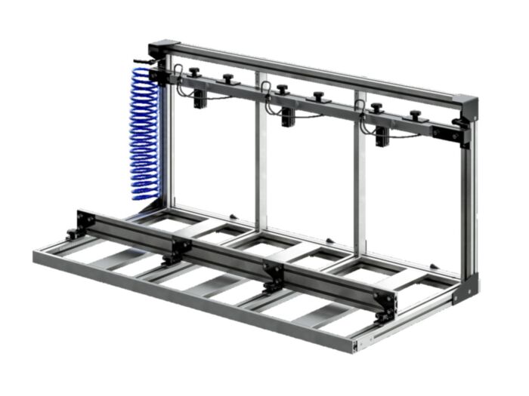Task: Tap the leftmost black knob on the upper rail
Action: (194, 72)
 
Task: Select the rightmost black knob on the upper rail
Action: (415, 115)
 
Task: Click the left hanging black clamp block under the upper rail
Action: (200, 98)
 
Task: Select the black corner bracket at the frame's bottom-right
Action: (465, 289)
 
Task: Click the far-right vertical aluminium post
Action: (469, 204)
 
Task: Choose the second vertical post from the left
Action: (261, 151)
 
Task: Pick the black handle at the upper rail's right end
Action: (459, 121)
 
